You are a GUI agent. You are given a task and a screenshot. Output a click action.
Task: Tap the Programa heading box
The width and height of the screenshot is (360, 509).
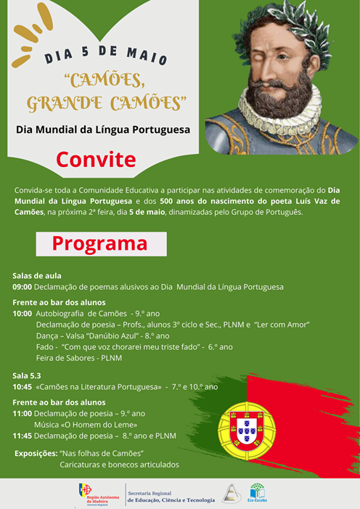click(101, 244)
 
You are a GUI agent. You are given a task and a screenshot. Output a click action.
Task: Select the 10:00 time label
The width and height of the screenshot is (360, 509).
click(22, 314)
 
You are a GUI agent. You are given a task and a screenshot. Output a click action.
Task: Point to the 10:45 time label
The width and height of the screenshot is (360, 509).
click(22, 387)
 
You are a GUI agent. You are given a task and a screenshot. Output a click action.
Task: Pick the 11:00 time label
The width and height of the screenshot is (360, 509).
click(22, 413)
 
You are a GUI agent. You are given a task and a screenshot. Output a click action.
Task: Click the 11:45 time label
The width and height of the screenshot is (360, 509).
click(22, 436)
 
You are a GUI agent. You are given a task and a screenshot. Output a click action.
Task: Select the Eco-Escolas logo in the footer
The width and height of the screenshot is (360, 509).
click(257, 493)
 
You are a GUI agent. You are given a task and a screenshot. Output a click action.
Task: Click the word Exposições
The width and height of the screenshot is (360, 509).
click(36, 453)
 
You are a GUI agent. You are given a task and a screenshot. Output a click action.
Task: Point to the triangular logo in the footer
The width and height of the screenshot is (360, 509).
click(231, 493)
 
